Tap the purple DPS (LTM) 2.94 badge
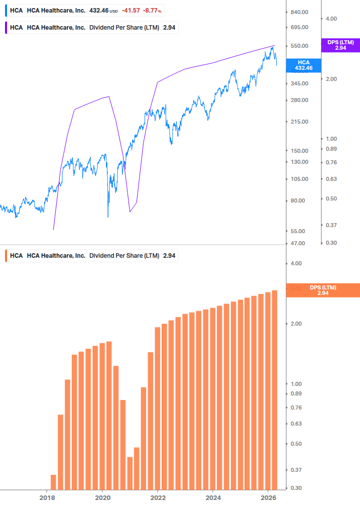340,45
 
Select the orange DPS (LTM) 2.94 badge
323,290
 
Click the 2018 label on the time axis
47,498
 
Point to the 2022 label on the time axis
158,498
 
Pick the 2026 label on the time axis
268,498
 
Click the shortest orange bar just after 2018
54,481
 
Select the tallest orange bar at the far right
275,389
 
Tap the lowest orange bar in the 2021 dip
130,473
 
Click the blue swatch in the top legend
6,10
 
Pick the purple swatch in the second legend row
6,28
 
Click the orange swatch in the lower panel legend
6,256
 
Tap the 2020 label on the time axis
102,498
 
